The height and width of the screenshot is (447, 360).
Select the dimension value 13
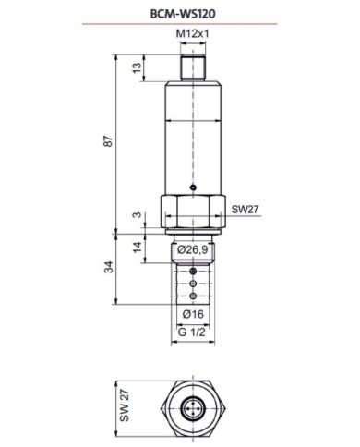pyautogui.click(x=137, y=67)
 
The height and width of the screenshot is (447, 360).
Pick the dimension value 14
pyautogui.click(x=137, y=247)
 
